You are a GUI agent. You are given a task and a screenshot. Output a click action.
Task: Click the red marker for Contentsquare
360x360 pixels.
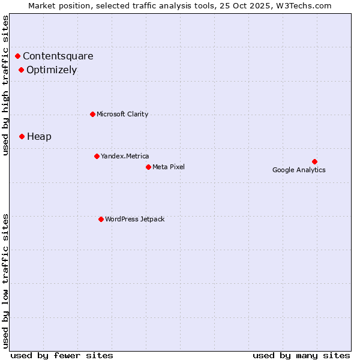coord(18,56)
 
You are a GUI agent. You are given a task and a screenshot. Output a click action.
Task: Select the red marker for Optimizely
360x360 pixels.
coord(22,70)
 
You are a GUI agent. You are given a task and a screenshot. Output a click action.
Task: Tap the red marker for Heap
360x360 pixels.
coord(22,137)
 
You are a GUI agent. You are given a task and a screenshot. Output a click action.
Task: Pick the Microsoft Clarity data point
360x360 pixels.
coord(92,114)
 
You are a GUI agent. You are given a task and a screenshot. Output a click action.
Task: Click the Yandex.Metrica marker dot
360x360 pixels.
coord(97,157)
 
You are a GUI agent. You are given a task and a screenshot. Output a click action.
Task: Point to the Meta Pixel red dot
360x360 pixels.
coord(148,167)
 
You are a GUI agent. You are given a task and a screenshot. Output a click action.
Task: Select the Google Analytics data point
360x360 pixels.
coord(314,161)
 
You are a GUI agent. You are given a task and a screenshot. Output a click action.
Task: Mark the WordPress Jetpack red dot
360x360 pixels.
coord(101,219)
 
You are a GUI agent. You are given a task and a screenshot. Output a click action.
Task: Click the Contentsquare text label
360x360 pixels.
coord(58,56)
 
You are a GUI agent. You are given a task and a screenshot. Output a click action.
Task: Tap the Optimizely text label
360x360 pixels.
coord(52,70)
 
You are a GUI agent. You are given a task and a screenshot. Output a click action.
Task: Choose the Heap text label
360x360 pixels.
coord(40,137)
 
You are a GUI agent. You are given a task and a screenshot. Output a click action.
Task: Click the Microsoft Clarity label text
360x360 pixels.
coord(122,115)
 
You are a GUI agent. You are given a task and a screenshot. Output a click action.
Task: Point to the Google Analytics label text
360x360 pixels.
coord(299,170)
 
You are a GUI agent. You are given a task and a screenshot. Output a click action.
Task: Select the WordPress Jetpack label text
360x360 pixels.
coord(134,220)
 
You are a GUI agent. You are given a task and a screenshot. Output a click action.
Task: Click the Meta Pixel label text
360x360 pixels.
coord(169,167)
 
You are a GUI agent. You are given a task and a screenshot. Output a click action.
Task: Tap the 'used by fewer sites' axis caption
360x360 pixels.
coord(62,355)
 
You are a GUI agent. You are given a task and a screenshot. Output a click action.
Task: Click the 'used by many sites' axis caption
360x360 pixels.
coord(301,355)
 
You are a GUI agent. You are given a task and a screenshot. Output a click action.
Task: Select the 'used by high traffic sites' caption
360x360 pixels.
coord(6,85)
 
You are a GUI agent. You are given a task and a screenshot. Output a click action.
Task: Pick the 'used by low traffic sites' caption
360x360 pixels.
coord(6,280)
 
